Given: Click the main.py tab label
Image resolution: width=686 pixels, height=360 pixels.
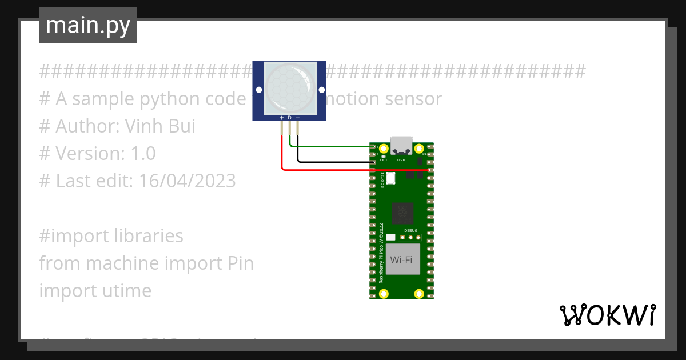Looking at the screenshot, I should coord(88,25).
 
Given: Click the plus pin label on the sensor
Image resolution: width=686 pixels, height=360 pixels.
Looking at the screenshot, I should coord(281,118).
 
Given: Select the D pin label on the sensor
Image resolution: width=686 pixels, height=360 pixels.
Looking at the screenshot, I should coord(289,118).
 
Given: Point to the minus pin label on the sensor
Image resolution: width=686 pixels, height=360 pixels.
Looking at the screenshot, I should coord(297,118).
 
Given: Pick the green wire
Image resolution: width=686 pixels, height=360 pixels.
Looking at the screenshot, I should coord(332,146).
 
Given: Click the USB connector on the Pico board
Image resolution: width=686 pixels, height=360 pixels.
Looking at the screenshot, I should coord(401,145).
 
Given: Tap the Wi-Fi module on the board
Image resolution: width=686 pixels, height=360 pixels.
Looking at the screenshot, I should coord(401,260).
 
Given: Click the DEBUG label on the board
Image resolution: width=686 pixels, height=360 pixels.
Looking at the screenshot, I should coord(411,230).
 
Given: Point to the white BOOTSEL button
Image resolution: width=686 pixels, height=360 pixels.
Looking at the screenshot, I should coord(391,178).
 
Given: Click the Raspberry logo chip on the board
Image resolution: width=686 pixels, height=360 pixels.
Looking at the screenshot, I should coord(403,214).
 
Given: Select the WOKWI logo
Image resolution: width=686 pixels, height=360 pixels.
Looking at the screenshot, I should coord(607,315).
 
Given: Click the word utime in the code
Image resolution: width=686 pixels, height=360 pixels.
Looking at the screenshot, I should coord(125,291).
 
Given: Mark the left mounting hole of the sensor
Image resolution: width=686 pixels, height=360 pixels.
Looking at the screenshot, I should coord(259,90).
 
